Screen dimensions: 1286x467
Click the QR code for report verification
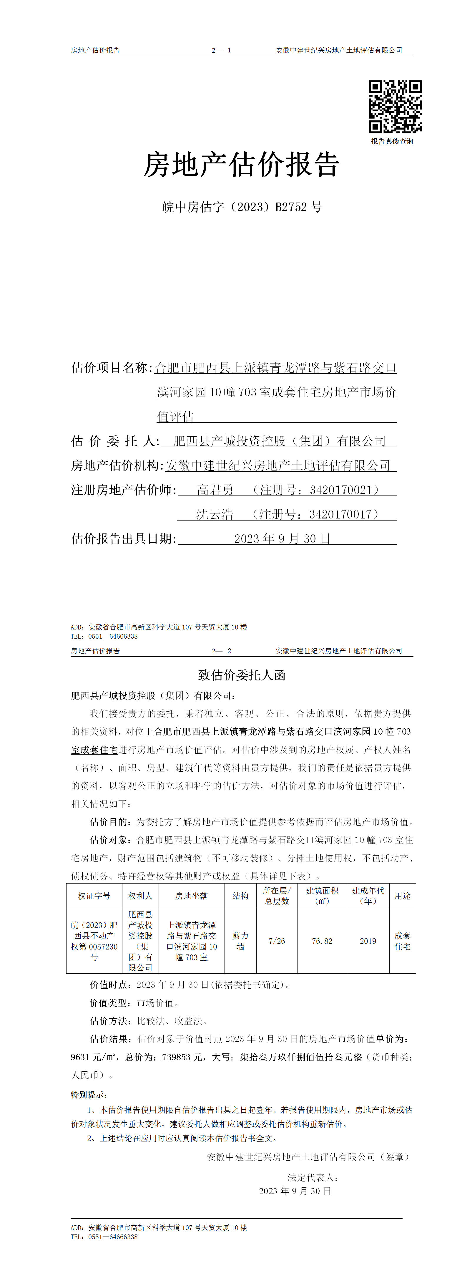click(395, 106)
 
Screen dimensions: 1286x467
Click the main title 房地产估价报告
click(242, 165)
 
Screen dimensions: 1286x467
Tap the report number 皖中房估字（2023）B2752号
click(242, 207)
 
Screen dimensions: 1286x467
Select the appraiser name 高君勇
click(215, 490)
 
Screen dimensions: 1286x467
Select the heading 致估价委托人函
click(242, 675)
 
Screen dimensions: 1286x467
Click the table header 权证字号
click(94, 896)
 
